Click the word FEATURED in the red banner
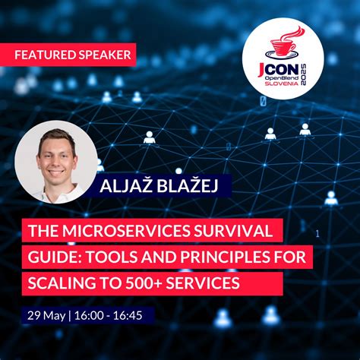43,55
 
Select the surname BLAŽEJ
179,187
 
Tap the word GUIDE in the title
51,257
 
